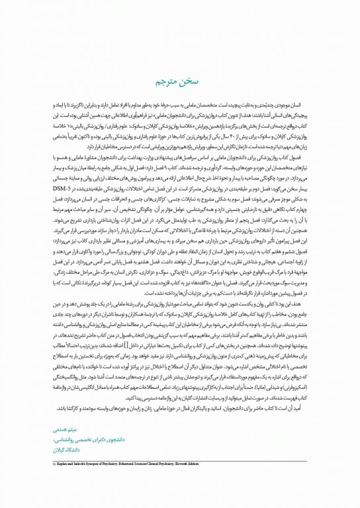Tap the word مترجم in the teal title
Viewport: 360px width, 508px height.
click(167, 81)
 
